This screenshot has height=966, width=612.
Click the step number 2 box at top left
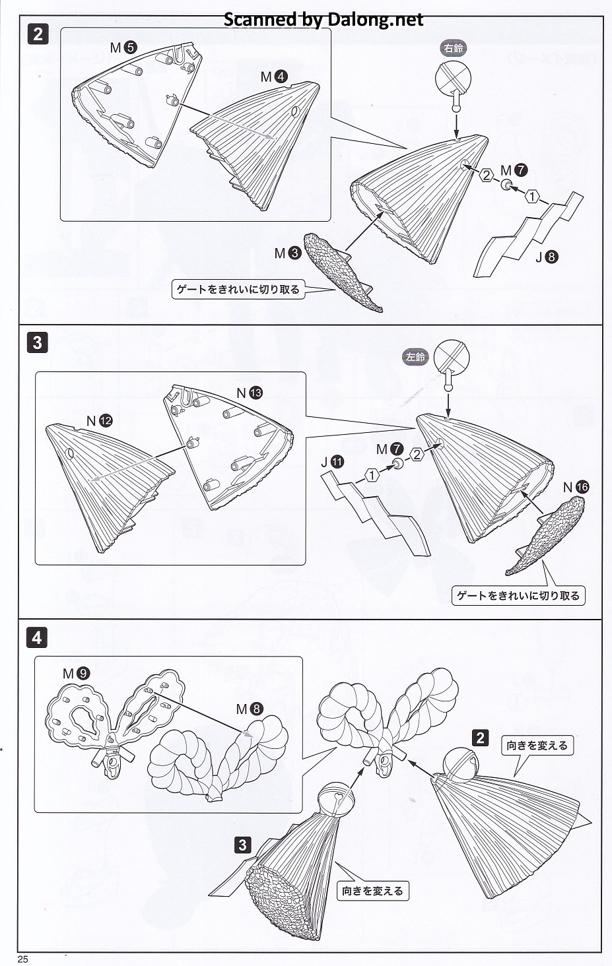38,34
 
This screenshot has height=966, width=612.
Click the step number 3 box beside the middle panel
37,343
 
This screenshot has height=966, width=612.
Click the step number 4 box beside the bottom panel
37,637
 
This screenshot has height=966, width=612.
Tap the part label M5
123,48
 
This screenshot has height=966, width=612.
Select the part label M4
274,77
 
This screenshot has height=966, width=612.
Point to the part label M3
288,253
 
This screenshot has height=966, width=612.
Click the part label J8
547,257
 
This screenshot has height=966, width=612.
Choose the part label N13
250,393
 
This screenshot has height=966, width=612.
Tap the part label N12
99,420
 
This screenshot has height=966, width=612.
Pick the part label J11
332,463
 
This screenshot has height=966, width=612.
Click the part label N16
576,488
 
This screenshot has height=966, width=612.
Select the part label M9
77,673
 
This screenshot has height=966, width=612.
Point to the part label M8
250,709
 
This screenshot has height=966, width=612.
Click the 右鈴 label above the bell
453,48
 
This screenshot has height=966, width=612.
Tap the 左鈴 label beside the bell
415,357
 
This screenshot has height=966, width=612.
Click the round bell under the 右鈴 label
453,79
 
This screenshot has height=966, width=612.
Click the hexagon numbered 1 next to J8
532,197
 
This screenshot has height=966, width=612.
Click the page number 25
23,959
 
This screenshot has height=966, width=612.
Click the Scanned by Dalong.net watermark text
323,19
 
